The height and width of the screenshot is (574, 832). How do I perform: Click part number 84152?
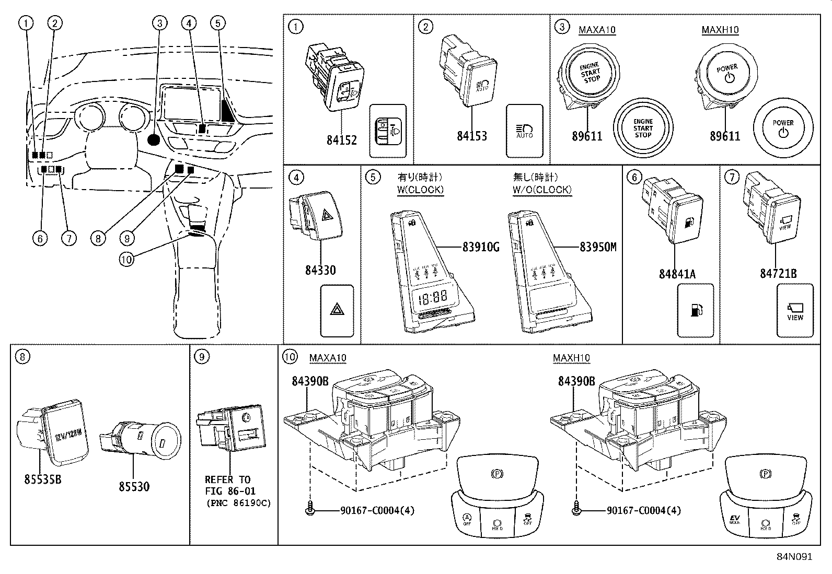[x=341, y=140]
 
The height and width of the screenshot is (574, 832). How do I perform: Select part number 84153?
[x=471, y=136]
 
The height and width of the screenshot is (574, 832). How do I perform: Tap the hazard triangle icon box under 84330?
[x=337, y=310]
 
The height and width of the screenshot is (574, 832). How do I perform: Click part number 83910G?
[x=480, y=247]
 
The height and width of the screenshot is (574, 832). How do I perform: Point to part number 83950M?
[x=597, y=247]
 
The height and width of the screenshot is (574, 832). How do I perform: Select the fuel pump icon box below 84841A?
[x=695, y=310]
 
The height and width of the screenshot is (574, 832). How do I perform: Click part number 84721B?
[x=778, y=274]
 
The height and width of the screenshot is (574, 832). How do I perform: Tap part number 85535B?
[x=42, y=478]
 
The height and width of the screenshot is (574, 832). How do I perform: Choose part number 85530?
[x=134, y=486]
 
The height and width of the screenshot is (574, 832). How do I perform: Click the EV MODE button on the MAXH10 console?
[x=735, y=520]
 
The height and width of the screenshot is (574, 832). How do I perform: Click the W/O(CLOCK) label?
[x=541, y=190]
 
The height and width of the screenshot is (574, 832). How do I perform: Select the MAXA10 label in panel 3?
[x=597, y=30]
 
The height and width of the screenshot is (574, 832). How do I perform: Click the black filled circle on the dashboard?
[x=154, y=139]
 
